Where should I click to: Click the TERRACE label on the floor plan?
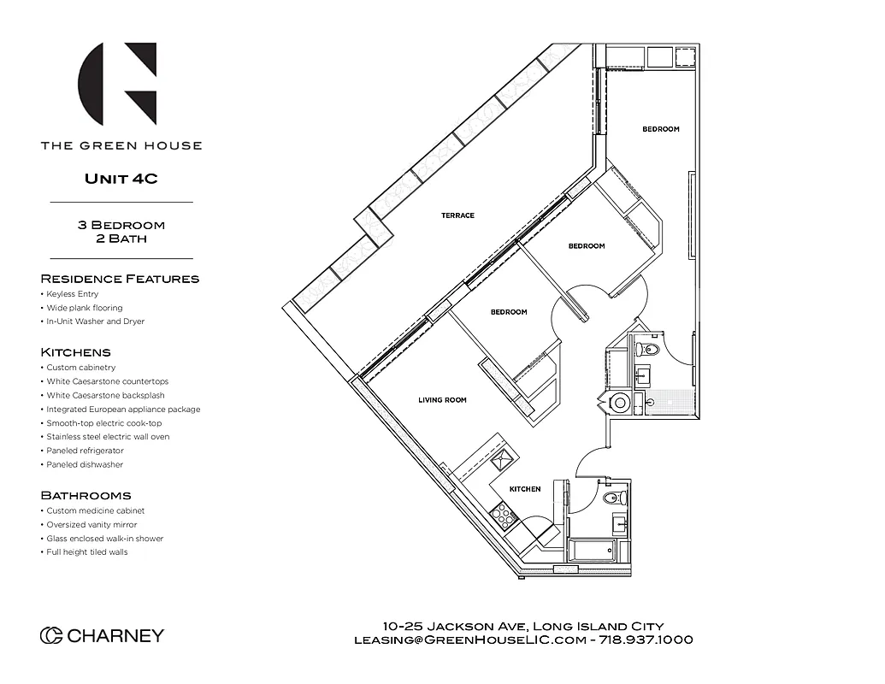[x=457, y=215]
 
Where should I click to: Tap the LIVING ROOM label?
[x=442, y=399]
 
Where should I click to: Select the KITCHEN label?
[x=525, y=489]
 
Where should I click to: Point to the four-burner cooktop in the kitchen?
[x=503, y=516]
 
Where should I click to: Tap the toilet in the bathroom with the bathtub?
[x=614, y=498]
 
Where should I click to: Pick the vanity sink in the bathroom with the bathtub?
[x=619, y=523]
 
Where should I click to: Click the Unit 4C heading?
[x=121, y=179]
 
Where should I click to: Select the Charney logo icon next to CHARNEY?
[x=51, y=635]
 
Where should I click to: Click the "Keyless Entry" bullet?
[x=73, y=294]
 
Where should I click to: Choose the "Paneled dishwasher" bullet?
[x=85, y=464]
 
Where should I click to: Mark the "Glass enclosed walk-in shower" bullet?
[x=104, y=539]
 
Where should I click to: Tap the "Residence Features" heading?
[x=120, y=279]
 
